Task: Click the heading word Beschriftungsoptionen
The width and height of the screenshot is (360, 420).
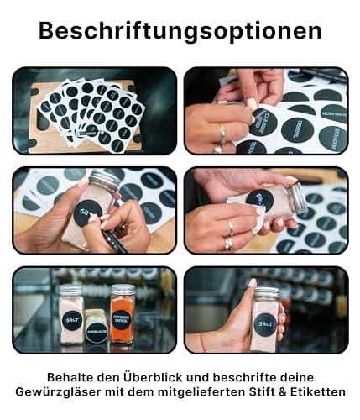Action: [180, 31]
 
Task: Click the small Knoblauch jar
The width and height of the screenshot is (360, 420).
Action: [97, 328]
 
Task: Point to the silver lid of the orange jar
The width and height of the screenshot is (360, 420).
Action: [122, 290]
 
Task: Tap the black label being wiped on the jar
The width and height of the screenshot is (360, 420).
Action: [259, 200]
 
